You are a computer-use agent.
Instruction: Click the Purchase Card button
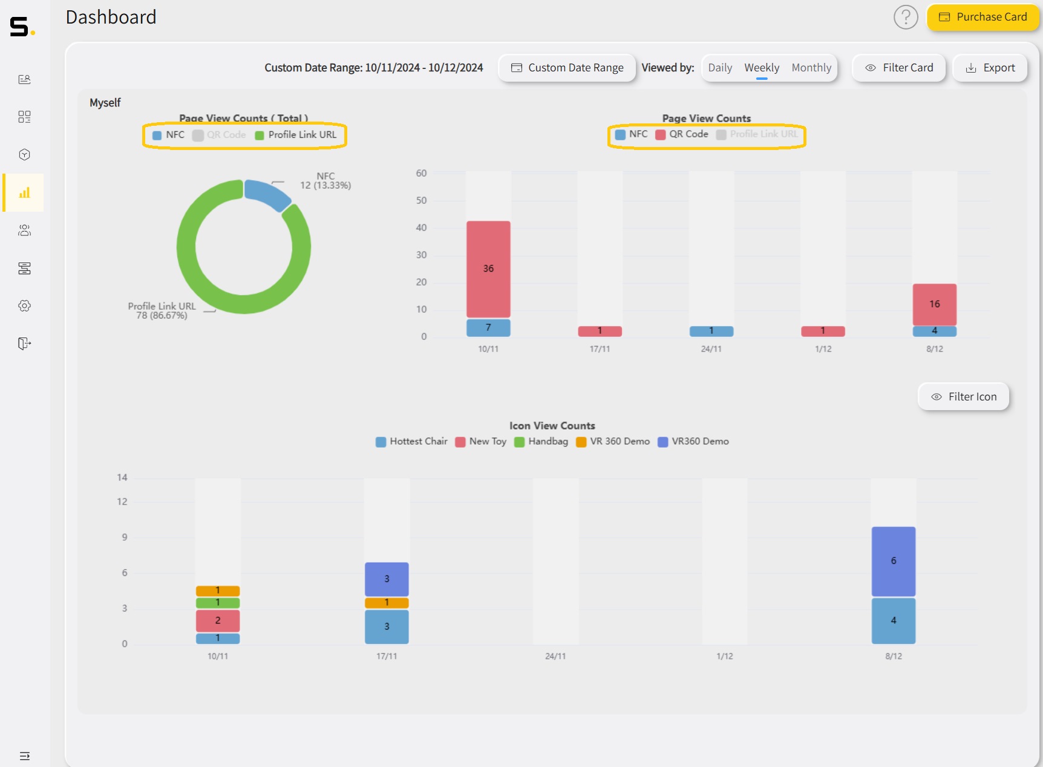click(x=983, y=17)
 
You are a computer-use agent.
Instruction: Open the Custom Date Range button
click(x=567, y=68)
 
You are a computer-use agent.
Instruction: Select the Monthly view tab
click(x=811, y=68)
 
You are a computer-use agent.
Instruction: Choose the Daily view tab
click(x=719, y=68)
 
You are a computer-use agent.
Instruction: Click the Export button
click(x=990, y=68)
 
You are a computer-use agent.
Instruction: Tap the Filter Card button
click(x=899, y=68)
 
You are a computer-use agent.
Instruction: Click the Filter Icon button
click(x=963, y=397)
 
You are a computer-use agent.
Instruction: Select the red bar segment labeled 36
click(x=488, y=269)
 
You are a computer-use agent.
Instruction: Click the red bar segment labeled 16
click(x=934, y=304)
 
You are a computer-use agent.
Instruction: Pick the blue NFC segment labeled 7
click(x=488, y=327)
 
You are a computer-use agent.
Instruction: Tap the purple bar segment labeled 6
click(x=893, y=561)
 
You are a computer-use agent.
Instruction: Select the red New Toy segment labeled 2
click(x=218, y=621)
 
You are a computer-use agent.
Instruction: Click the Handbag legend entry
click(x=541, y=442)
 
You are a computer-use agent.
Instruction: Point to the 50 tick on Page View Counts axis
click(x=421, y=200)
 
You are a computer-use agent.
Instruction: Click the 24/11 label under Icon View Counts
click(x=555, y=656)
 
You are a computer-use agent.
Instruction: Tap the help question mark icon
click(x=906, y=17)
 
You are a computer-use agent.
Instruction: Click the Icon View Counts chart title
click(x=552, y=426)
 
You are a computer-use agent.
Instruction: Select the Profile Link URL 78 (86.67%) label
click(x=162, y=311)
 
